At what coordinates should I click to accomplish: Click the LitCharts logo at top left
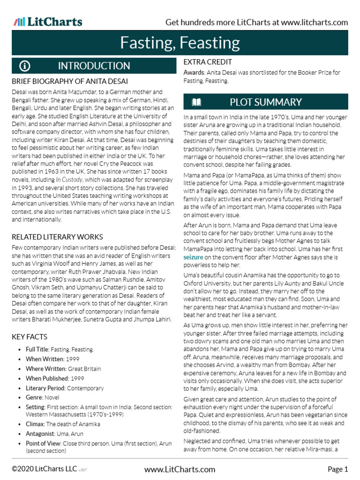[x=48, y=22]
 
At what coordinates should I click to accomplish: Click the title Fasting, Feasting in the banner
[x=180, y=43]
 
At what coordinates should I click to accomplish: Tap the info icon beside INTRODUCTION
[x=25, y=66]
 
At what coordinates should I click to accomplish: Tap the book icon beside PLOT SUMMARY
[x=197, y=102]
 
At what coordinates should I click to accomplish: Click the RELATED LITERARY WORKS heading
[x=57, y=237]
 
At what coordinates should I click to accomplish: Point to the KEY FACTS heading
[x=30, y=337]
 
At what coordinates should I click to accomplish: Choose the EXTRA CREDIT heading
[x=208, y=62]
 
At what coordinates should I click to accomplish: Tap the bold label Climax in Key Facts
[x=36, y=424]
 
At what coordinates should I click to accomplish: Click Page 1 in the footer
[x=337, y=469]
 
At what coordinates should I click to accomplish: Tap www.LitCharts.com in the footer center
[x=180, y=469]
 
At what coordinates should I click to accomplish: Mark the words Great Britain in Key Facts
[x=85, y=369]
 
